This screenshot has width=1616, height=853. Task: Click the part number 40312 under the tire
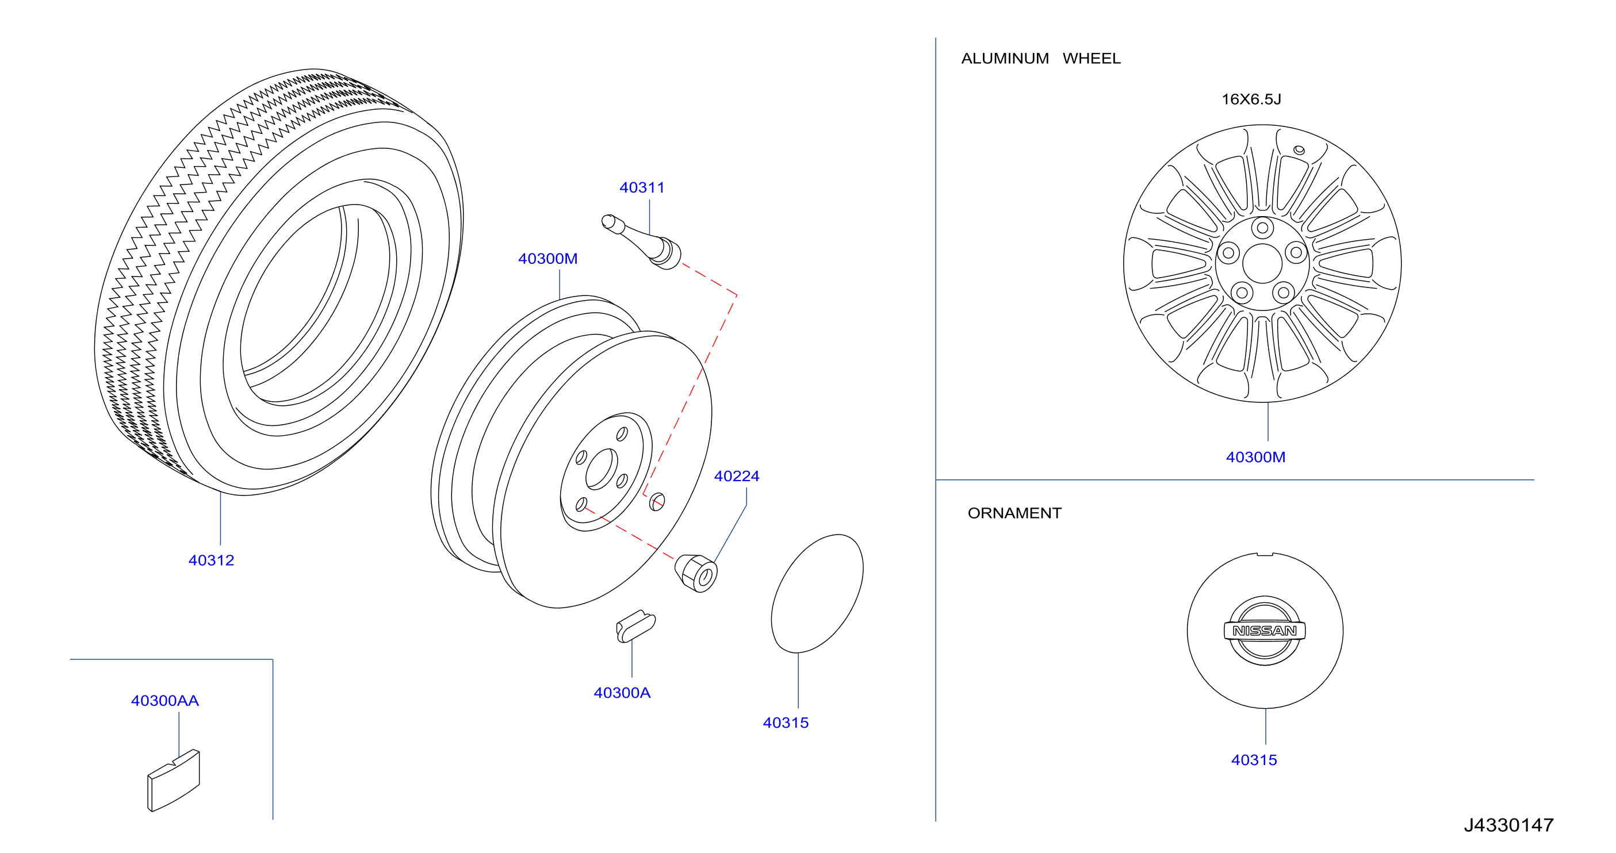point(211,560)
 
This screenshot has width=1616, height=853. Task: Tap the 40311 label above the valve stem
point(642,187)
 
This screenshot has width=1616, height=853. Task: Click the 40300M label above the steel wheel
point(547,259)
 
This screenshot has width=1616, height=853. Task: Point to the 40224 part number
point(737,476)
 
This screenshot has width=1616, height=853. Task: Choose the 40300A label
point(622,693)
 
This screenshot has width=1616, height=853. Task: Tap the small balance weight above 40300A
point(635,626)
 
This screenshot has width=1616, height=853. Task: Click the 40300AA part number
point(165,701)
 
